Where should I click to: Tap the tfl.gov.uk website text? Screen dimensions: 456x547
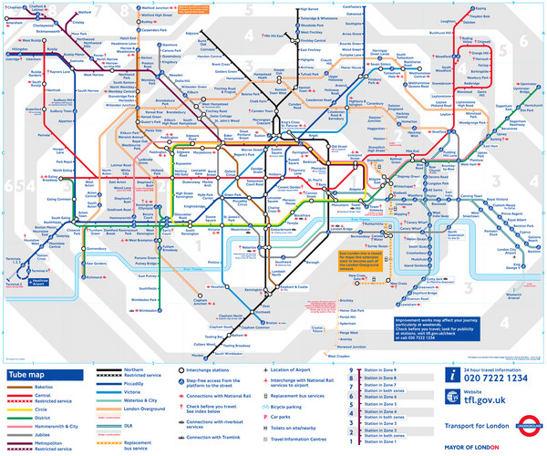point(493,399)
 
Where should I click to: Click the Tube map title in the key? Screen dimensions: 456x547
point(28,375)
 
